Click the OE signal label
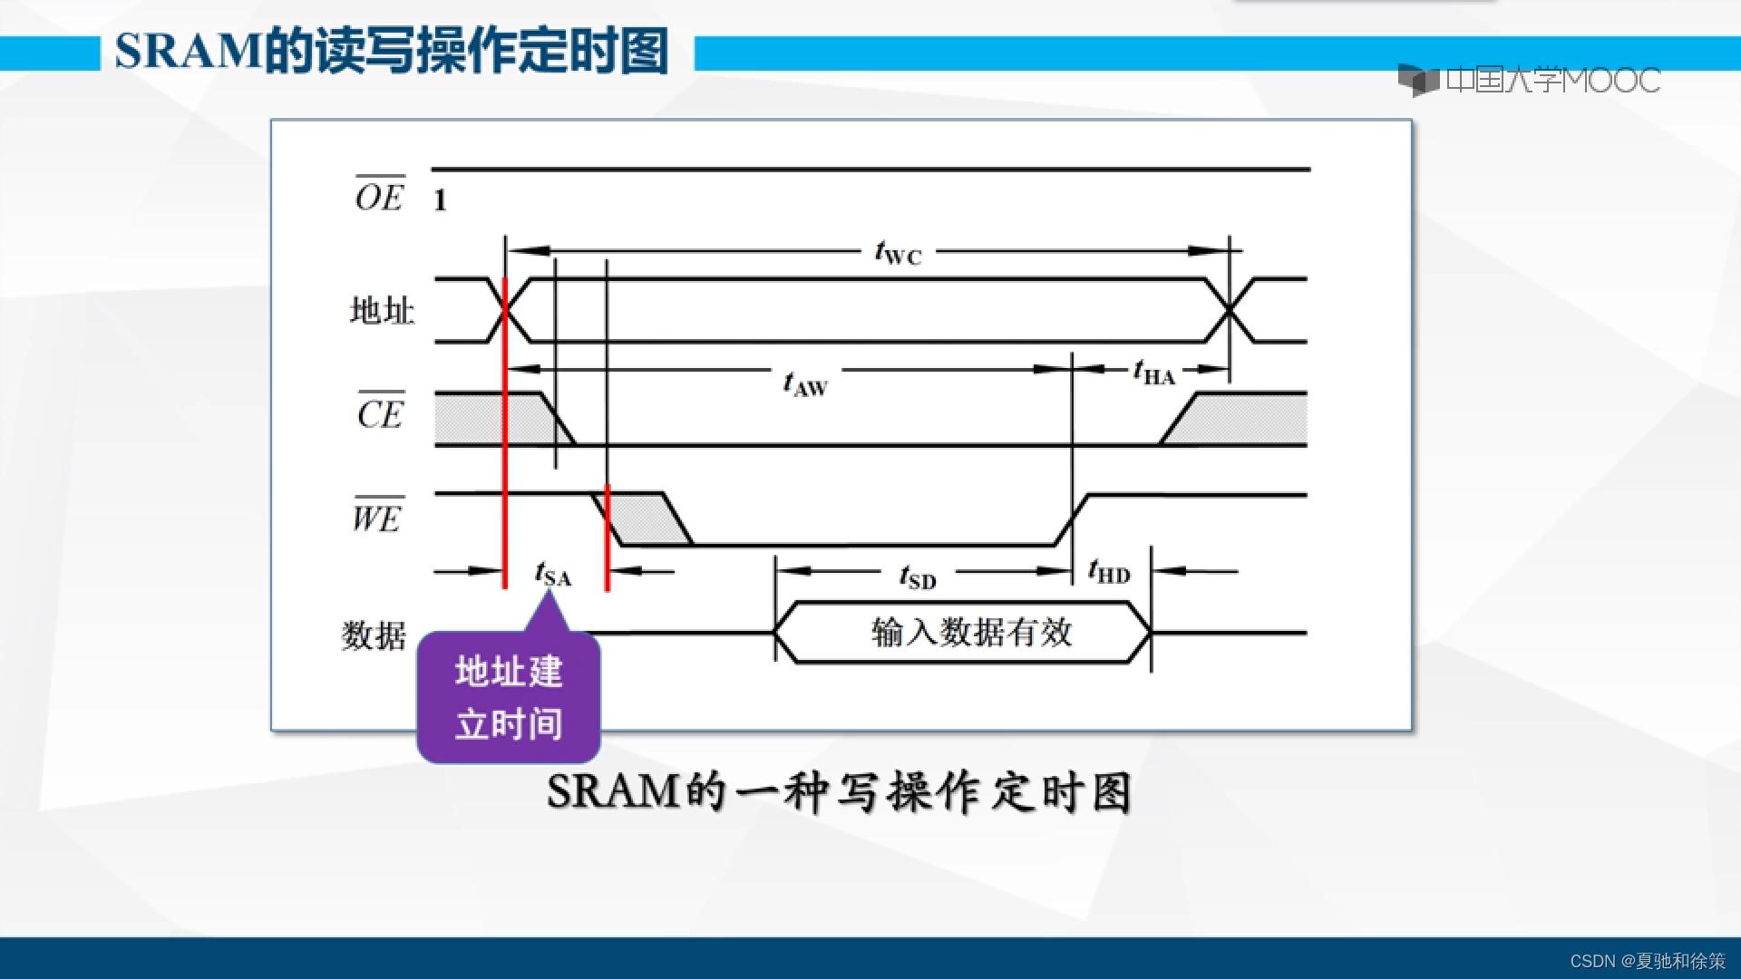click(380, 195)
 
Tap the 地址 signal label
click(382, 311)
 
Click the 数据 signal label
click(373, 635)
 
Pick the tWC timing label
click(898, 253)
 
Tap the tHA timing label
click(1153, 373)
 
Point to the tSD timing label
click(918, 577)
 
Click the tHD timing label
click(1109, 572)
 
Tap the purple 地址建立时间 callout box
click(509, 698)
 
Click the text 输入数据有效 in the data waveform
click(971, 632)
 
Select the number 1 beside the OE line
click(440, 200)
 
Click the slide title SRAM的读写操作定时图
click(392, 51)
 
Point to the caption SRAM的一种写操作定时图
click(839, 792)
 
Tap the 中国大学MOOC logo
click(1529, 81)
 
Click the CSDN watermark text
click(1647, 961)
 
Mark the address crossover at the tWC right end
click(1230, 311)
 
